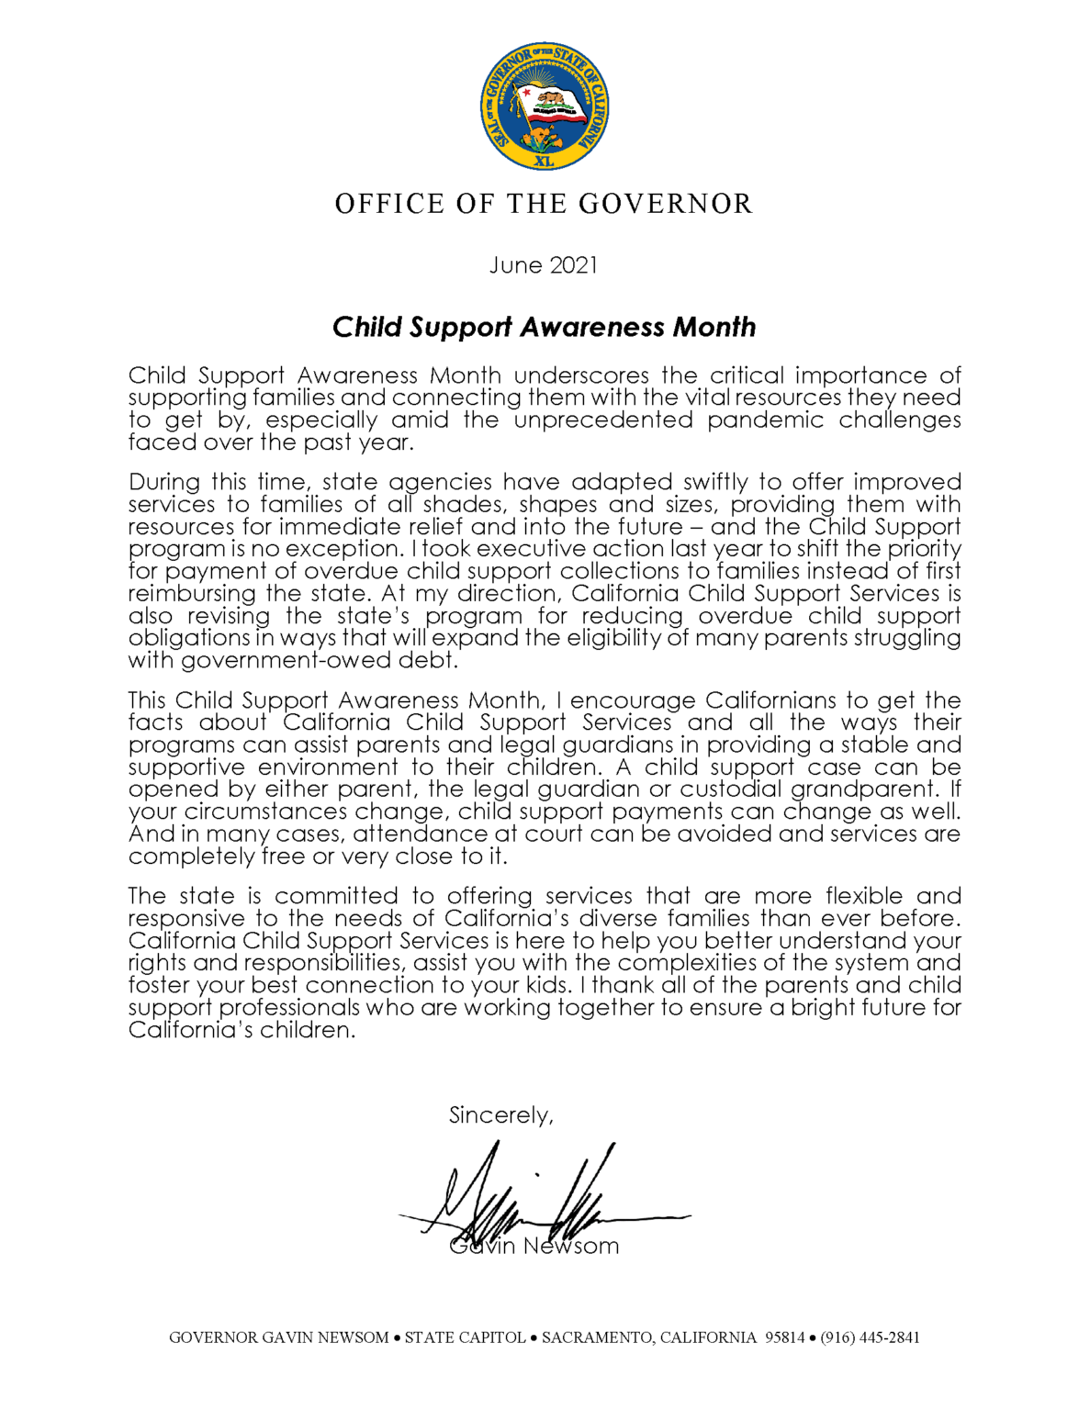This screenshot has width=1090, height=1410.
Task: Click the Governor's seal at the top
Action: click(544, 106)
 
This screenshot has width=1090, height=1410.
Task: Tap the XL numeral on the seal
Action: click(544, 160)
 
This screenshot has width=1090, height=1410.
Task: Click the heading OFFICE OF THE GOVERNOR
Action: click(544, 204)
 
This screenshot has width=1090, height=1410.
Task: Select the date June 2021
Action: click(544, 265)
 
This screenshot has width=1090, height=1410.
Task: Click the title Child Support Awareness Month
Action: click(544, 327)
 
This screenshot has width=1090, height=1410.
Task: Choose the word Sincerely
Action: click(500, 1115)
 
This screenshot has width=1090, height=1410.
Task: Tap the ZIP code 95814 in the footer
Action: click(785, 1337)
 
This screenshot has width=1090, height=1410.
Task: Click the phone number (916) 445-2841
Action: click(870, 1337)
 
